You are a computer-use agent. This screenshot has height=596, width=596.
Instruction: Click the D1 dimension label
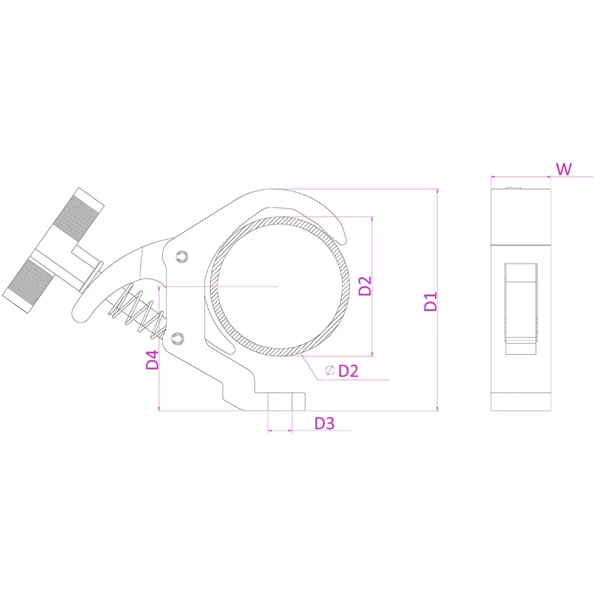[x=430, y=301]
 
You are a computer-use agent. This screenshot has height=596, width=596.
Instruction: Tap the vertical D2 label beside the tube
[x=365, y=286]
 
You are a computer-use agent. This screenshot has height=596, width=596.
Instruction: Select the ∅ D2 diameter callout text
[x=342, y=371]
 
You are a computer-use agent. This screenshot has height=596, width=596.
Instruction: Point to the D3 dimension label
[x=324, y=423]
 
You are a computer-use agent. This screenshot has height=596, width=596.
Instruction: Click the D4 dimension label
[x=152, y=360]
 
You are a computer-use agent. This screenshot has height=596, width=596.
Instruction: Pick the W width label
[x=564, y=169]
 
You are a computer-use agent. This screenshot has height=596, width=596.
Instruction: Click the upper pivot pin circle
[x=182, y=256]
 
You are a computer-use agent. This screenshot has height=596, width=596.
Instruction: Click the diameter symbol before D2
[x=330, y=370]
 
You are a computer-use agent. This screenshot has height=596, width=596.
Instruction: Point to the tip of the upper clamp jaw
[x=343, y=243]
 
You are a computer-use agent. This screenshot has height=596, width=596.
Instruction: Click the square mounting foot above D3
[x=280, y=401]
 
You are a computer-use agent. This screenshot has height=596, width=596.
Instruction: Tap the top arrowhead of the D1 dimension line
[x=438, y=191]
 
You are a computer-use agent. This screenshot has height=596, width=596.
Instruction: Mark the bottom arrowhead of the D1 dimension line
[x=438, y=409]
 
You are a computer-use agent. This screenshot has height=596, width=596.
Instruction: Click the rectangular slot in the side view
[x=521, y=308]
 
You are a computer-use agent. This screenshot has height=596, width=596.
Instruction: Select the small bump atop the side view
[x=513, y=187]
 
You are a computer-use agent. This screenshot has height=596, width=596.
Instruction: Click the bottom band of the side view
[x=521, y=402]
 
